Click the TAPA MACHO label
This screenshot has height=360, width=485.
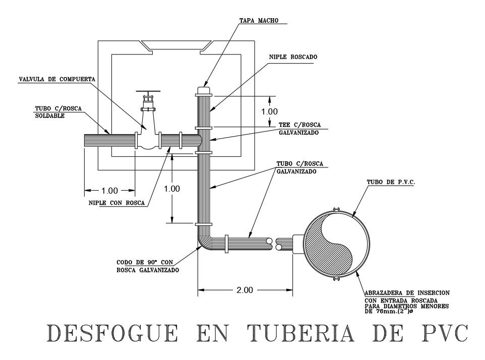pyautogui.click(x=259, y=20)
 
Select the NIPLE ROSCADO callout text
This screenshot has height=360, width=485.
pyautogui.click(x=293, y=57)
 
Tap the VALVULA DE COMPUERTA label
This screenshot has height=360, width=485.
pyautogui.click(x=57, y=79)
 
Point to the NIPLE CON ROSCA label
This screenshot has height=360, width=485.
pyautogui.click(x=116, y=203)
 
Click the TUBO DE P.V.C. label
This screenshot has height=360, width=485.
pyautogui.click(x=391, y=182)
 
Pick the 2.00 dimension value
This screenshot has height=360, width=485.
pyautogui.click(x=245, y=290)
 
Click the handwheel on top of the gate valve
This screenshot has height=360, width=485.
pyautogui.click(x=148, y=92)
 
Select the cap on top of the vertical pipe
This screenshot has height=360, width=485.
pyautogui.click(x=204, y=90)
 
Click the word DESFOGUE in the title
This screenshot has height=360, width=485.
pyautogui.click(x=112, y=333)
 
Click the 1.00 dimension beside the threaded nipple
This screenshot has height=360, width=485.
pyautogui.click(x=269, y=111)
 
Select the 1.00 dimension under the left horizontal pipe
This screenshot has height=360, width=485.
pyautogui.click(x=109, y=191)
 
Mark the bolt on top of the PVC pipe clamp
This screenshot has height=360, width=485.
pyautogui.click(x=337, y=210)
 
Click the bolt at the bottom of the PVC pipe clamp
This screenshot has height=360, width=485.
pyautogui.click(x=337, y=280)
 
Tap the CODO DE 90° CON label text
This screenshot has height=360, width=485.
pyautogui.click(x=145, y=262)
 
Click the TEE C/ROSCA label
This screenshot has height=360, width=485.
pyautogui.click(x=300, y=125)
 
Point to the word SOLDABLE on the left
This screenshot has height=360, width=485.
pyautogui.click(x=50, y=115)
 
